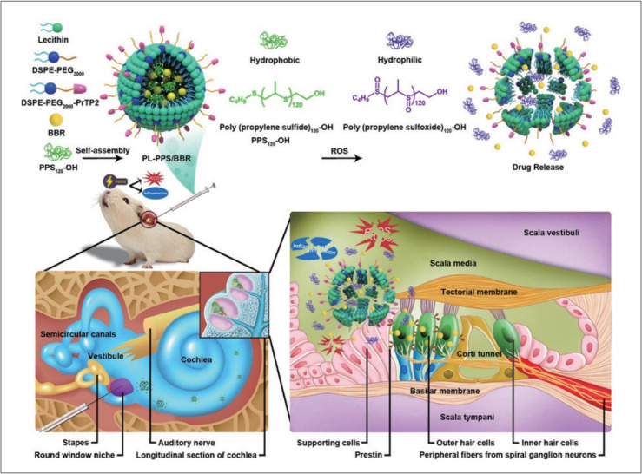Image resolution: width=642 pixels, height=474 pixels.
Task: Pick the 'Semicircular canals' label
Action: coord(79,333)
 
